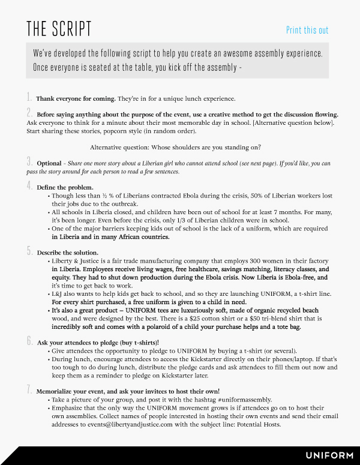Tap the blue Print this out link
pos(307,31)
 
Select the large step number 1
pos(29,97)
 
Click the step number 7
pos(29,390)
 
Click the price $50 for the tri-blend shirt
pos(281,319)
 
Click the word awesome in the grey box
pos(225,53)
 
